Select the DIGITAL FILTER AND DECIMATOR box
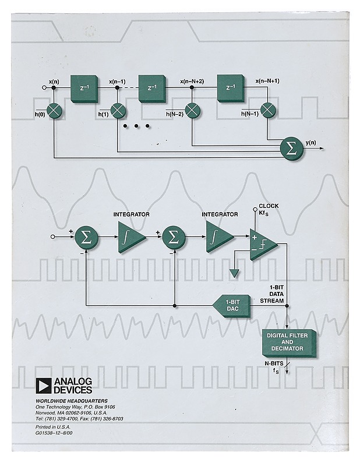click(290, 342)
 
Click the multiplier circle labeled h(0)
click(54, 109)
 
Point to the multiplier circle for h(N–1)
click(267, 110)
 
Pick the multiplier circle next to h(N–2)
click(192, 110)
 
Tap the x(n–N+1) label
click(268, 81)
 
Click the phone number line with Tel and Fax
click(79, 419)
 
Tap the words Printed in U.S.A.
click(53, 427)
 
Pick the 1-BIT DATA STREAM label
click(276, 294)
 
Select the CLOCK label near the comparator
click(269, 206)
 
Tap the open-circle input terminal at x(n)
click(44, 87)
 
